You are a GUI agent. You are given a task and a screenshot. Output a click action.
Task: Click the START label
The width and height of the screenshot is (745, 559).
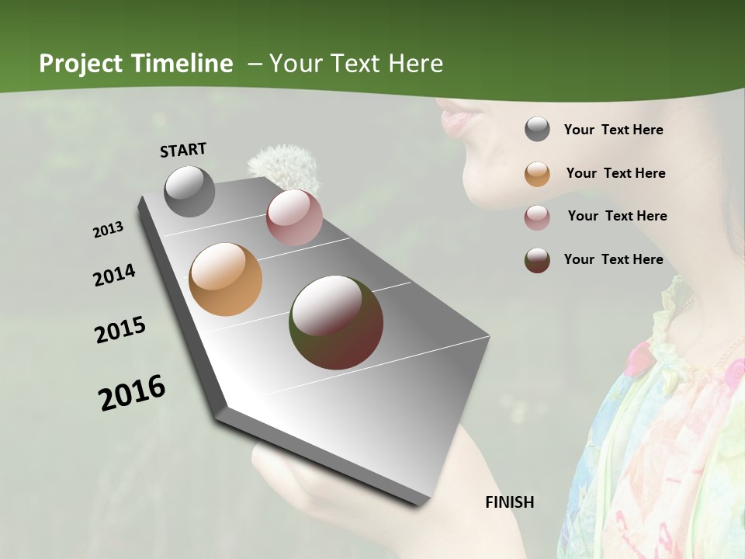(x=183, y=149)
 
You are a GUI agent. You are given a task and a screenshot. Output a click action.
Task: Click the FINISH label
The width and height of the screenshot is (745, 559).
(x=510, y=502)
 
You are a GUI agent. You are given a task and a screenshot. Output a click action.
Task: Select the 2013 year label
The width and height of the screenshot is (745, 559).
(x=109, y=229)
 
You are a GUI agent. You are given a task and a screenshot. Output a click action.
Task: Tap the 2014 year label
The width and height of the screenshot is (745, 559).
(x=115, y=275)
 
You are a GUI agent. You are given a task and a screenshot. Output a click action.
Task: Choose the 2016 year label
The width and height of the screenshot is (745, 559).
(x=132, y=392)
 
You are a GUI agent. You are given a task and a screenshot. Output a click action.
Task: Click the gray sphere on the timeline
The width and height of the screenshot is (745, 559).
(x=190, y=191)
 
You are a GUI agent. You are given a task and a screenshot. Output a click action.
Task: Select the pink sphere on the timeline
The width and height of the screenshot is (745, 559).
(x=294, y=217)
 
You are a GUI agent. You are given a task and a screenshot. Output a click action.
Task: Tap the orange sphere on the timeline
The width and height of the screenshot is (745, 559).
(x=226, y=279)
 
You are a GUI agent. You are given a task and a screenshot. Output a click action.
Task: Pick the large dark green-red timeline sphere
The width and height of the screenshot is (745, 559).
(x=336, y=322)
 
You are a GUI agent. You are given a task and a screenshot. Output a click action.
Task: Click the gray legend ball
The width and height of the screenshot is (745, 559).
(x=537, y=130)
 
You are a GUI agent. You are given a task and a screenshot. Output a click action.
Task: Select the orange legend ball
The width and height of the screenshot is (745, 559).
(x=537, y=174)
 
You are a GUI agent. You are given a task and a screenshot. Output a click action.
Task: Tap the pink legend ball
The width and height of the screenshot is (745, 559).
(x=537, y=217)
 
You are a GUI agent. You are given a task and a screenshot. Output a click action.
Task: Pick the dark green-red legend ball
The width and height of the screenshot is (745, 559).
(x=537, y=260)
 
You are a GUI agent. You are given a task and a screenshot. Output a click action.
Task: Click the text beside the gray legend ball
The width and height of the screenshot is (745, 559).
(x=614, y=130)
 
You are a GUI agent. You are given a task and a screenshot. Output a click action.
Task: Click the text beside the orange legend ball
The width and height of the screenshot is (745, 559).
(x=615, y=173)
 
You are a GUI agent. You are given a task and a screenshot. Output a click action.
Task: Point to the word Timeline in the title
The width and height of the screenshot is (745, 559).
(x=182, y=64)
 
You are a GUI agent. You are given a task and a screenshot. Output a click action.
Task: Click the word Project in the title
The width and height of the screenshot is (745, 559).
(x=82, y=64)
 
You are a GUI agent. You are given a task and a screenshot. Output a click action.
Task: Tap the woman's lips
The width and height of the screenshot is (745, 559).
(x=454, y=120)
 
